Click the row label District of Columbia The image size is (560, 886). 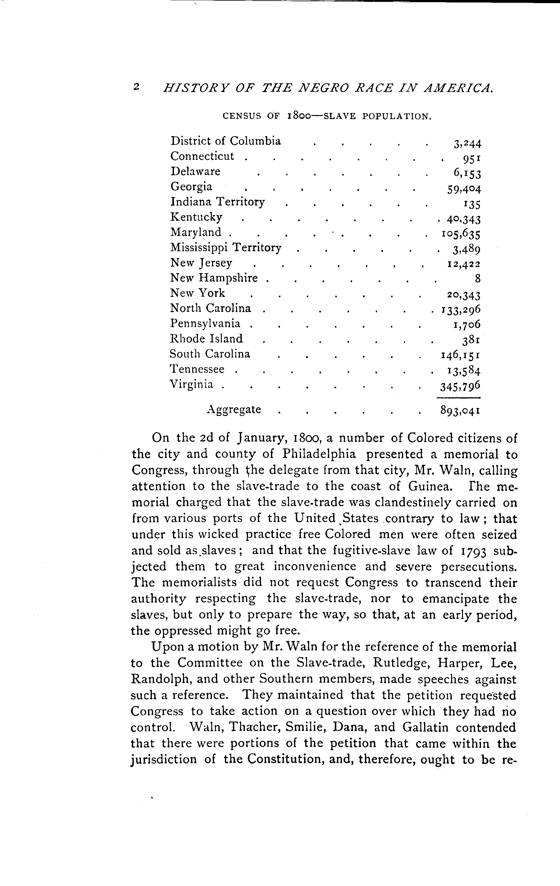point(225,141)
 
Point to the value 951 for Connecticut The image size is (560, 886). point(472,159)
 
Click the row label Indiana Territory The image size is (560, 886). point(217,202)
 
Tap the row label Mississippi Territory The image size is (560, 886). point(226,248)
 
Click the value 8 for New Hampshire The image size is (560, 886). point(478,279)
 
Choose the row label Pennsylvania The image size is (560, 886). point(205,323)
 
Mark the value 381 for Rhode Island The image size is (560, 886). point(472,340)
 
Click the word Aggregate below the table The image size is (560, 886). point(234,409)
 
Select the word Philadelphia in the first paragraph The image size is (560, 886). point(319,454)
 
